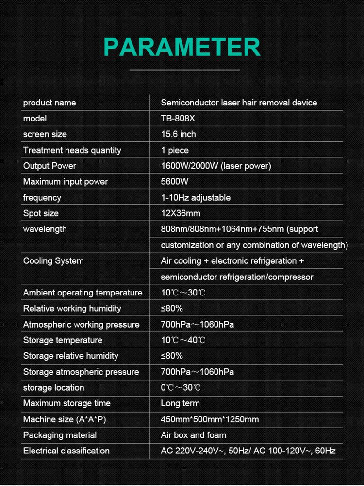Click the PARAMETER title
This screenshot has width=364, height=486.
pyautogui.click(x=182, y=47)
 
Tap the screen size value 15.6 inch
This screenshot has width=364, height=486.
pyautogui.click(x=178, y=134)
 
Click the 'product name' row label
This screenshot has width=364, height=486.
pyautogui.click(x=50, y=103)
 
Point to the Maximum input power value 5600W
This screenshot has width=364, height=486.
pyautogui.click(x=174, y=182)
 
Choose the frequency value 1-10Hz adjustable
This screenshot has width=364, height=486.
pyautogui.click(x=196, y=198)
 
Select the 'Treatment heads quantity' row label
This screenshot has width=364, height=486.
pyautogui.click(x=72, y=150)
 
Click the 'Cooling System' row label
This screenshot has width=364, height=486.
pyautogui.click(x=53, y=261)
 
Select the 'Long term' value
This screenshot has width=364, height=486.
pyautogui.click(x=180, y=403)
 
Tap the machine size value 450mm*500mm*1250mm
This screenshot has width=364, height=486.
pyautogui.click(x=210, y=419)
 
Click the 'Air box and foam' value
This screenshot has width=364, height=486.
pyautogui.click(x=193, y=435)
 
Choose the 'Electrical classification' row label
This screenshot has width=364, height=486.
pyautogui.click(x=66, y=451)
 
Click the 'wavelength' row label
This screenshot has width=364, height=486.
pyautogui.click(x=45, y=229)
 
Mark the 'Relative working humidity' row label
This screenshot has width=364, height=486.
pyautogui.click(x=72, y=309)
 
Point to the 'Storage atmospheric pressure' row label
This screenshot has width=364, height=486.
pyautogui.click(x=81, y=372)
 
